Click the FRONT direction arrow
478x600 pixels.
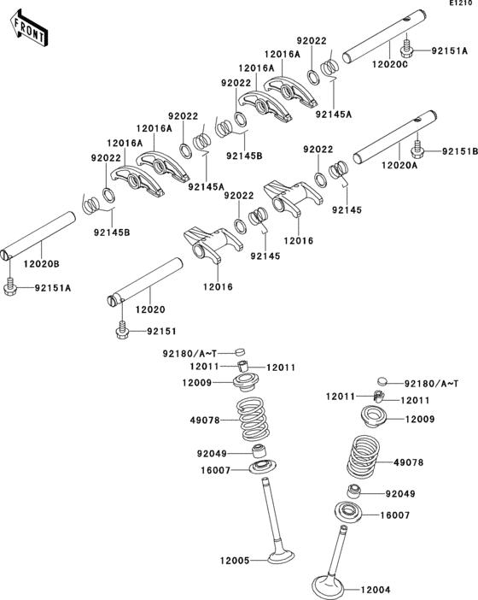point(29,28)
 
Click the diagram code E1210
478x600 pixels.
point(463,3)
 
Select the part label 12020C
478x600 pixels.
point(390,64)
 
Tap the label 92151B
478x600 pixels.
point(460,151)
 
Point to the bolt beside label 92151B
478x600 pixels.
point(418,149)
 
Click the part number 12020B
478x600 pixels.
point(41,263)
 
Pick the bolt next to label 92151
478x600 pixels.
point(122,330)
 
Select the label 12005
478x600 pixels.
point(235,561)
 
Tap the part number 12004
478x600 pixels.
point(376,590)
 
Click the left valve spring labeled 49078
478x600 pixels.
point(252,419)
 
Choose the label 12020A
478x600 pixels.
point(399,165)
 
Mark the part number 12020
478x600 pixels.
point(150,309)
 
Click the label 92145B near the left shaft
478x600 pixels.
point(112,232)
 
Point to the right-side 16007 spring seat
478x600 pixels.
point(347,512)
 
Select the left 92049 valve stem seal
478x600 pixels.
point(259,450)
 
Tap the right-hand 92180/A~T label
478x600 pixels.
point(431,383)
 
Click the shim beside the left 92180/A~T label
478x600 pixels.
point(240,351)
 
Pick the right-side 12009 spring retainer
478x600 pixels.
point(374,416)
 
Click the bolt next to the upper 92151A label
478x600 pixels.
point(406,48)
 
